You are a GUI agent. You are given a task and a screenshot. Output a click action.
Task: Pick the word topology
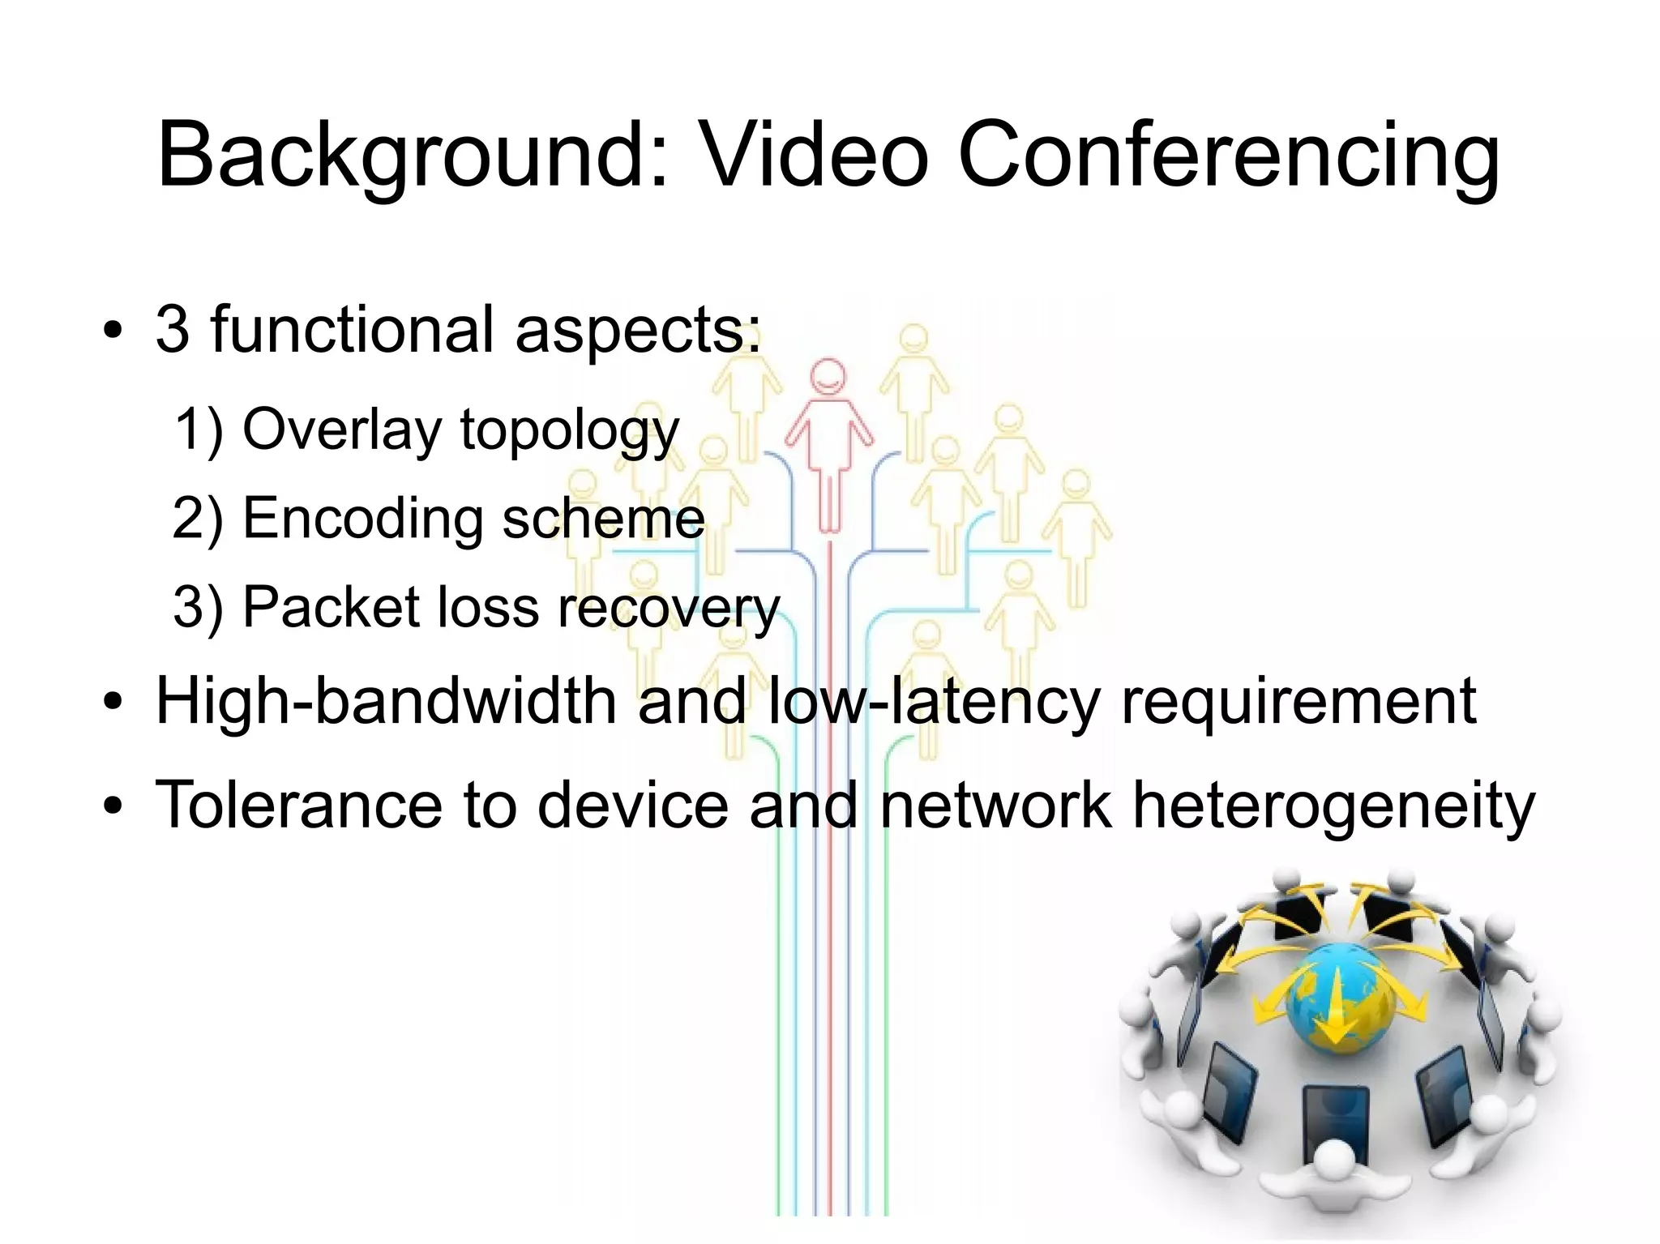569,432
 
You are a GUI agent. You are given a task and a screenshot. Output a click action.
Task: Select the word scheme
603,518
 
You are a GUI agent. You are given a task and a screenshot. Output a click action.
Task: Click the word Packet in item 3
331,607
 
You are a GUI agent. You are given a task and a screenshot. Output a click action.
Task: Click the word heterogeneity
1333,807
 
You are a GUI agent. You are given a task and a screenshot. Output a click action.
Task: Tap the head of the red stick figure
828,377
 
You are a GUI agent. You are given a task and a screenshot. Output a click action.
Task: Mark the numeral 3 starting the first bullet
172,330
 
